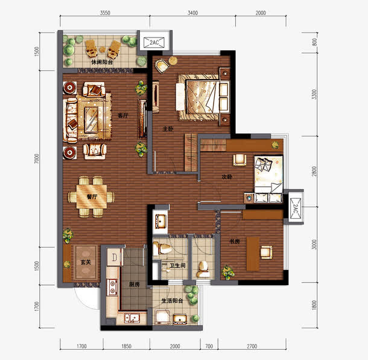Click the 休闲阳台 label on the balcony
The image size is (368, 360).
tap(102, 62)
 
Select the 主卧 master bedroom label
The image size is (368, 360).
tap(168, 129)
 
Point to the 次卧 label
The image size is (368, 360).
tap(227, 178)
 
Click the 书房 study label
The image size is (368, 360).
tap(235, 242)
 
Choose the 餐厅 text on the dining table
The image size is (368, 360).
tap(92, 196)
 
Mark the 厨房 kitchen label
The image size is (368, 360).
tap(134, 284)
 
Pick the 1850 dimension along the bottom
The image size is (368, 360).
tap(126, 346)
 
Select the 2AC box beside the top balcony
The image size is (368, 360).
tap(154, 43)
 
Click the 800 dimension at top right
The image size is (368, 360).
tap(314, 42)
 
